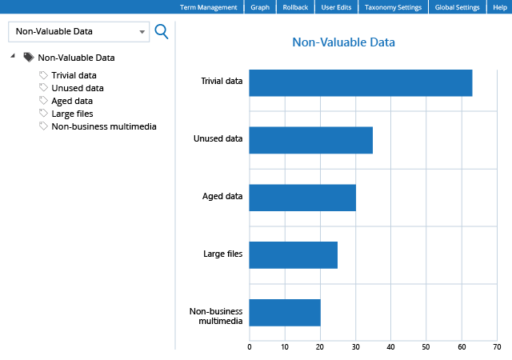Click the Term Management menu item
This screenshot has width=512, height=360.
click(x=208, y=7)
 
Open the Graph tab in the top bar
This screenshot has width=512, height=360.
click(x=260, y=7)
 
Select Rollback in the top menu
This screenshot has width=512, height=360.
click(x=295, y=7)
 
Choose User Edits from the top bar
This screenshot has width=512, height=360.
click(x=336, y=7)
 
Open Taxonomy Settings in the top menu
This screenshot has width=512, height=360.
click(x=392, y=7)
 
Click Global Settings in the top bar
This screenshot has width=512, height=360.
click(x=457, y=7)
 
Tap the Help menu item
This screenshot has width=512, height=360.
click(x=500, y=7)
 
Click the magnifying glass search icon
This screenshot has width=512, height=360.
click(x=161, y=31)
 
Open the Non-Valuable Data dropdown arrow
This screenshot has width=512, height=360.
click(x=142, y=33)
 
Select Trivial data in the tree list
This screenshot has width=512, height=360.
click(x=74, y=75)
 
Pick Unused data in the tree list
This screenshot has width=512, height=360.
click(x=77, y=88)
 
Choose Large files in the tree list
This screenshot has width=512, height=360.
click(x=72, y=114)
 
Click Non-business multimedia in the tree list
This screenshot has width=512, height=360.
click(x=103, y=126)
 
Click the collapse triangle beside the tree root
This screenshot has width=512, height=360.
click(x=13, y=57)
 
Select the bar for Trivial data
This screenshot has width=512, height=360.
click(x=360, y=83)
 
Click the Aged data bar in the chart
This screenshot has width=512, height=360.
click(x=302, y=198)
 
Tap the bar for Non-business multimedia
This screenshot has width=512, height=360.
click(x=285, y=312)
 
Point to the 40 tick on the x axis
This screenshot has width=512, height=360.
click(x=390, y=347)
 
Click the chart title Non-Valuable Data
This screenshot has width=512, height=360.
click(x=343, y=42)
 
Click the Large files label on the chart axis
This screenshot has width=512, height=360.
click(x=223, y=254)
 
